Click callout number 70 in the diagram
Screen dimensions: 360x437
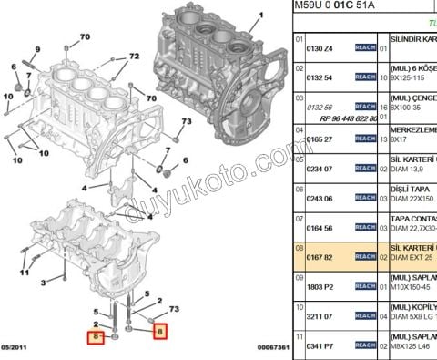pyautogui.click(x=85, y=36)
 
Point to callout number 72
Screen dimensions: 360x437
pyautogui.click(x=134, y=57)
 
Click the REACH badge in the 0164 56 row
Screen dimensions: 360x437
pyautogui.click(x=366, y=227)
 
